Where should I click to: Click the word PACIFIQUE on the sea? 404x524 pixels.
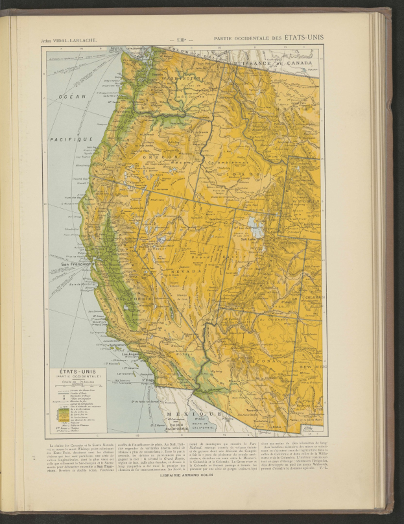(x=72, y=138)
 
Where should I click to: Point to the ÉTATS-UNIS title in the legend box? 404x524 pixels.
(x=73, y=372)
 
